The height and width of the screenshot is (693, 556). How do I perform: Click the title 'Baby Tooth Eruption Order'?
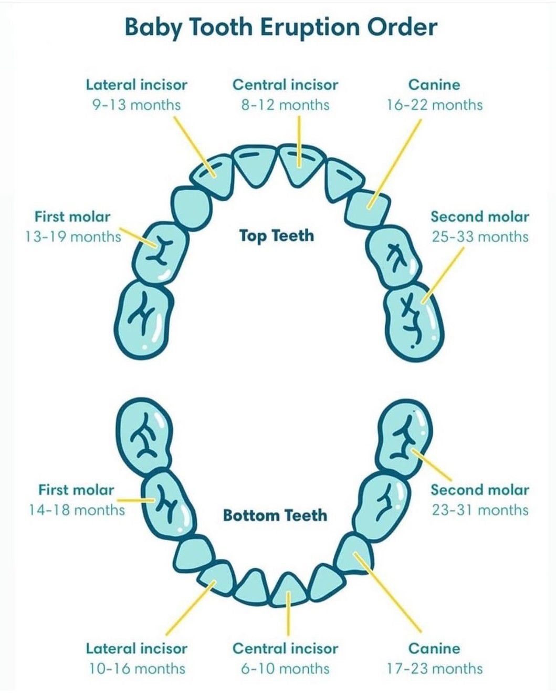point(281,27)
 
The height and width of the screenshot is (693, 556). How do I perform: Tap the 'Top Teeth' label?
point(277,235)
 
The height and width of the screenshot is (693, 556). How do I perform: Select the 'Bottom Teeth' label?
point(275,515)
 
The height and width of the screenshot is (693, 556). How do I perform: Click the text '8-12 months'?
point(285,105)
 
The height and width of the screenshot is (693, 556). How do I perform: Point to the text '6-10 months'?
point(285,668)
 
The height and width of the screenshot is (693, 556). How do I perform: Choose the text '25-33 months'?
point(480,237)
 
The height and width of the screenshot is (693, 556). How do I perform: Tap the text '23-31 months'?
point(480,510)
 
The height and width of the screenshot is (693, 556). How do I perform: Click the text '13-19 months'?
point(73,237)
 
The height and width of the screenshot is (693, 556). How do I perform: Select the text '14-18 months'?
point(77,510)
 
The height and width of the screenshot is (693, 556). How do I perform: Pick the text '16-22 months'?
point(434,105)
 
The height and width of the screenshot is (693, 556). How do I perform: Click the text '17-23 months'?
point(434,668)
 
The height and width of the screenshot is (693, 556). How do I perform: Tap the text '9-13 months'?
point(137,105)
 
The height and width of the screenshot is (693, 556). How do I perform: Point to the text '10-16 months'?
point(137,668)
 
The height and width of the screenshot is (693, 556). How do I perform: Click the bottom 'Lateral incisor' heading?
point(137,648)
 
